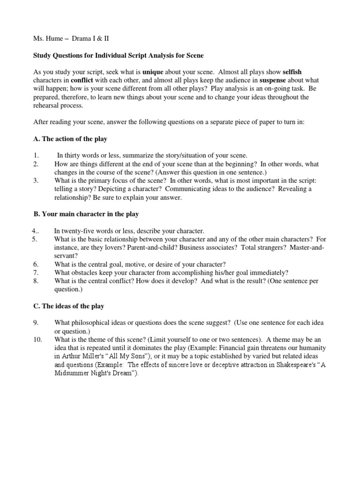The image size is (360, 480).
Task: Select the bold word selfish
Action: [292, 73]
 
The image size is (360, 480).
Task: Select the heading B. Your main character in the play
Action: [86, 214]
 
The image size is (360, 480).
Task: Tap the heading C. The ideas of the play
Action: [68, 306]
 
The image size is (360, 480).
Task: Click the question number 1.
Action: [35, 156]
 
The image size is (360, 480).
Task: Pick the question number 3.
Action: [35, 181]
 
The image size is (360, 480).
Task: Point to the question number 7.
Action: [35, 272]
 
